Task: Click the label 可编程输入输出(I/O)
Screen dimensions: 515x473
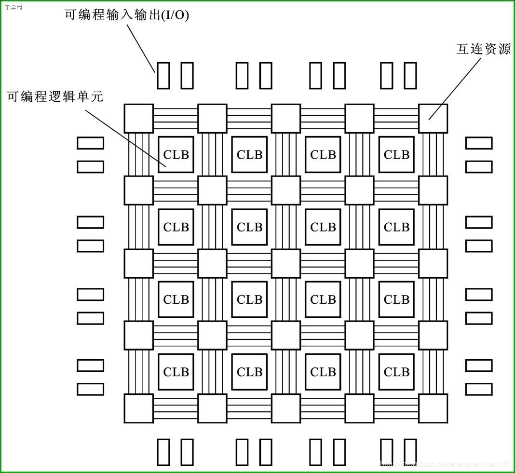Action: tap(127, 15)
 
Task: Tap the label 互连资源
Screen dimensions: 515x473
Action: tap(483, 49)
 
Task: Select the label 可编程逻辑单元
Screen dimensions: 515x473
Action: tap(55, 96)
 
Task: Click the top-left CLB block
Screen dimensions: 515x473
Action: tap(176, 155)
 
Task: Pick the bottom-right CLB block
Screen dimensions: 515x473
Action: tap(396, 372)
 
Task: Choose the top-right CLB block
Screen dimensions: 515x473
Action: tap(396, 155)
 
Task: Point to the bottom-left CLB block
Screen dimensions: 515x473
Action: tap(176, 372)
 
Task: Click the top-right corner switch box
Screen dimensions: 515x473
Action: tap(433, 119)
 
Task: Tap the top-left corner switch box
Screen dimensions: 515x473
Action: tap(139, 119)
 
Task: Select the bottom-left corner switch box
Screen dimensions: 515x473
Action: tap(139, 408)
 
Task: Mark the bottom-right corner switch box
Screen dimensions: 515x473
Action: tap(433, 408)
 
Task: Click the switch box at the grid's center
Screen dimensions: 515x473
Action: tap(285, 263)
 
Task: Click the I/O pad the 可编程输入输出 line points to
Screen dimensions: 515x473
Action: tap(163, 75)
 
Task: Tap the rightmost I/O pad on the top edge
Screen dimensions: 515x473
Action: tap(410, 75)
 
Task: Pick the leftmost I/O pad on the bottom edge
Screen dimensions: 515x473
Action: tap(163, 452)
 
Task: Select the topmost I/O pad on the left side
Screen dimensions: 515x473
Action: tap(91, 143)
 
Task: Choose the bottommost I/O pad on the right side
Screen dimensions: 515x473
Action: tap(479, 389)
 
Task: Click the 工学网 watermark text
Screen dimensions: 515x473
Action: tap(13, 8)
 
